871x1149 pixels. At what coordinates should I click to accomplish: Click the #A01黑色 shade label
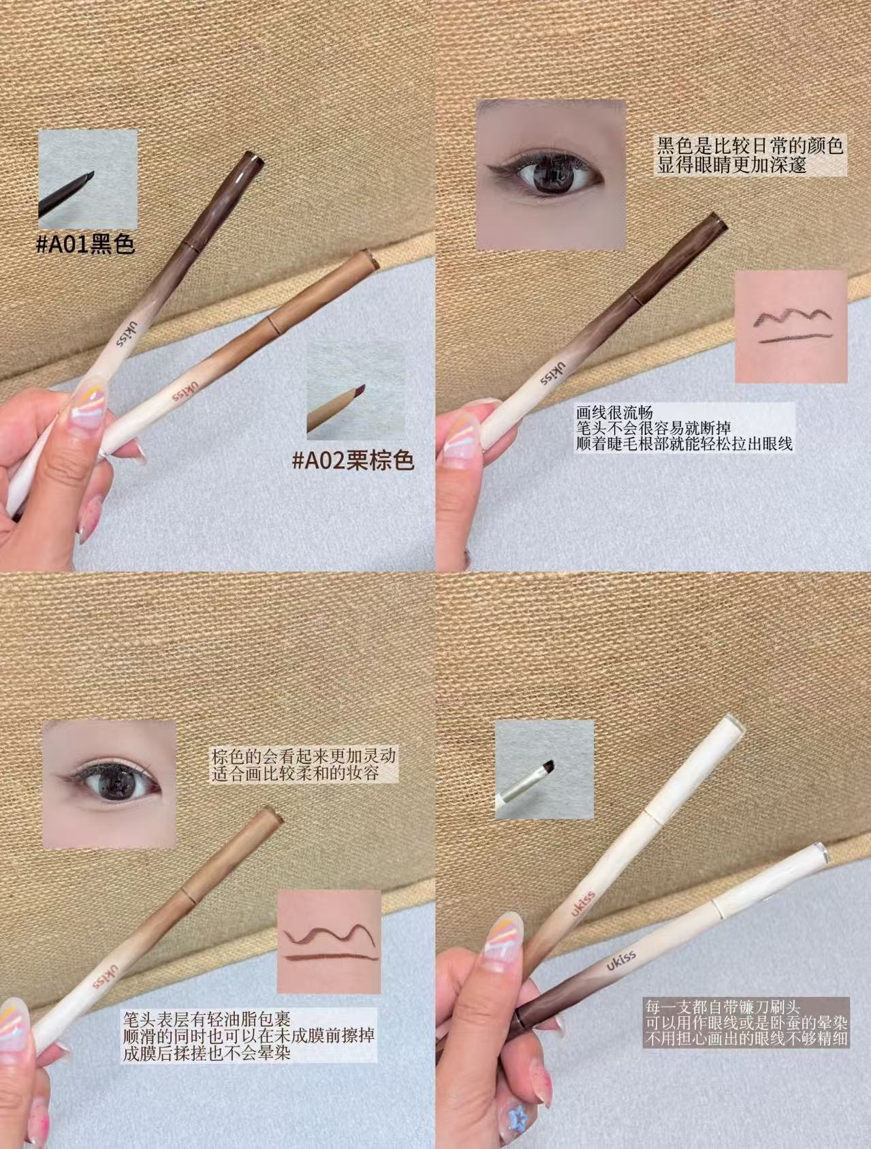click(x=85, y=243)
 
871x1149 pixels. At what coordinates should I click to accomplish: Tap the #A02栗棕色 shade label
click(x=353, y=461)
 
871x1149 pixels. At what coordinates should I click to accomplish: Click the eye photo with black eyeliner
click(x=550, y=174)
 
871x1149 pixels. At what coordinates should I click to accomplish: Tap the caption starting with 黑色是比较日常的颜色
click(x=750, y=155)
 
